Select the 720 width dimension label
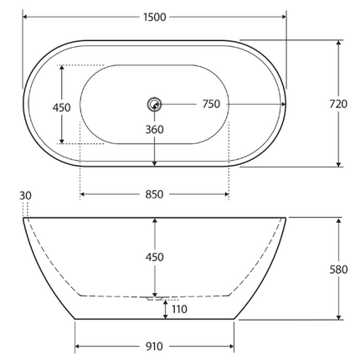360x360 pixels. (x=337, y=104)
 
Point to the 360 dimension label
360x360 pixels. (x=155, y=130)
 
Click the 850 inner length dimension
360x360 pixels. (x=155, y=194)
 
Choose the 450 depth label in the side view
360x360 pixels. (x=155, y=256)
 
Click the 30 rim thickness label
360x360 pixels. (x=25, y=196)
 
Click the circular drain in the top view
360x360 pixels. (x=154, y=105)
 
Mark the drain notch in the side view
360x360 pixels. (x=155, y=296)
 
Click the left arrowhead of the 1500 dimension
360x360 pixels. (x=26, y=17)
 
